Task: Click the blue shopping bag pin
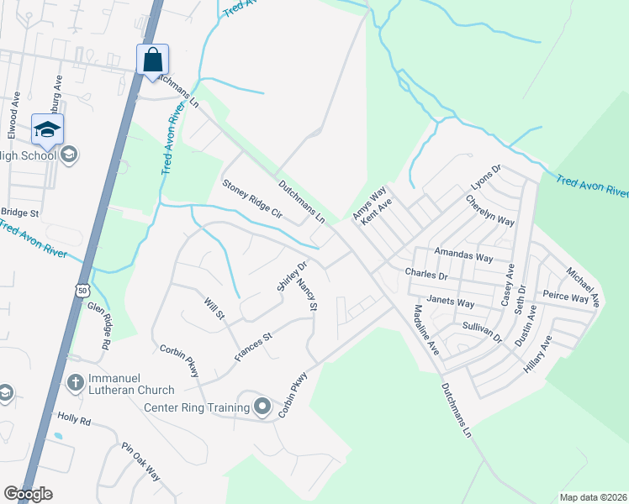click(x=153, y=60)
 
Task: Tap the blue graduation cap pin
click(x=47, y=129)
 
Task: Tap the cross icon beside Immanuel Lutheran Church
click(x=75, y=383)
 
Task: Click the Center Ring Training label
click(x=197, y=408)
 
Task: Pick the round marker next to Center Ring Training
click(x=262, y=408)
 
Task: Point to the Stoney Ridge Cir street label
click(x=251, y=198)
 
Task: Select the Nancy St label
click(x=307, y=296)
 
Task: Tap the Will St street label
click(x=214, y=308)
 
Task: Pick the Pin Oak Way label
click(x=140, y=461)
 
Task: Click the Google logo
click(x=28, y=494)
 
